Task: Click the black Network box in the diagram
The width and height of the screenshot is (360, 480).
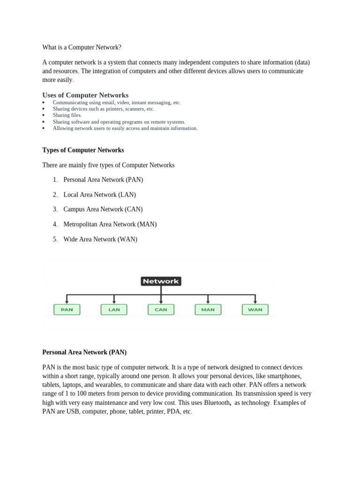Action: pos(161,281)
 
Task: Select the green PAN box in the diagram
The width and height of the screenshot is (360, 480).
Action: pos(67,309)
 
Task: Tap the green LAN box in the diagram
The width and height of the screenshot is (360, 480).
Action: pos(114,309)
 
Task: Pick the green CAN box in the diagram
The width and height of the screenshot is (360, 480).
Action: pos(161,309)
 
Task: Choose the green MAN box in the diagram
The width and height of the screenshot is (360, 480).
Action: pos(208,309)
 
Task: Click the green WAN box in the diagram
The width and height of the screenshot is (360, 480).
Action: pos(255,309)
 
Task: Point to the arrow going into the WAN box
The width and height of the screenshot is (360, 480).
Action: pos(255,300)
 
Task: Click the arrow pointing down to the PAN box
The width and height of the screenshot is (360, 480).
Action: pos(67,300)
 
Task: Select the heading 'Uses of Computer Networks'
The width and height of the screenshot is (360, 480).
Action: pos(85,95)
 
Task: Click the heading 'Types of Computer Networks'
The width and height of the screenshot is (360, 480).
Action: pos(83,150)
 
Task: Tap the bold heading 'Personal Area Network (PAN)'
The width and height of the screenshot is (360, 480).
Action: pos(84,352)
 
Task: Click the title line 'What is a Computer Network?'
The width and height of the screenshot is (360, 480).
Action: pos(82,47)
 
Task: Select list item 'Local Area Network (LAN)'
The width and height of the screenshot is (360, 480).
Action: pos(99,195)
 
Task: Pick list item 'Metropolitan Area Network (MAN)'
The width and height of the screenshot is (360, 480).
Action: pos(110,224)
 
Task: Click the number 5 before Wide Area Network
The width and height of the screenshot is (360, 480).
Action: pos(55,239)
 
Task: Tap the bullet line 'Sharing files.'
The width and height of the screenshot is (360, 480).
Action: pos(67,115)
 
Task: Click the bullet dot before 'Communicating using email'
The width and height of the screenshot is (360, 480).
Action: pos(43,102)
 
